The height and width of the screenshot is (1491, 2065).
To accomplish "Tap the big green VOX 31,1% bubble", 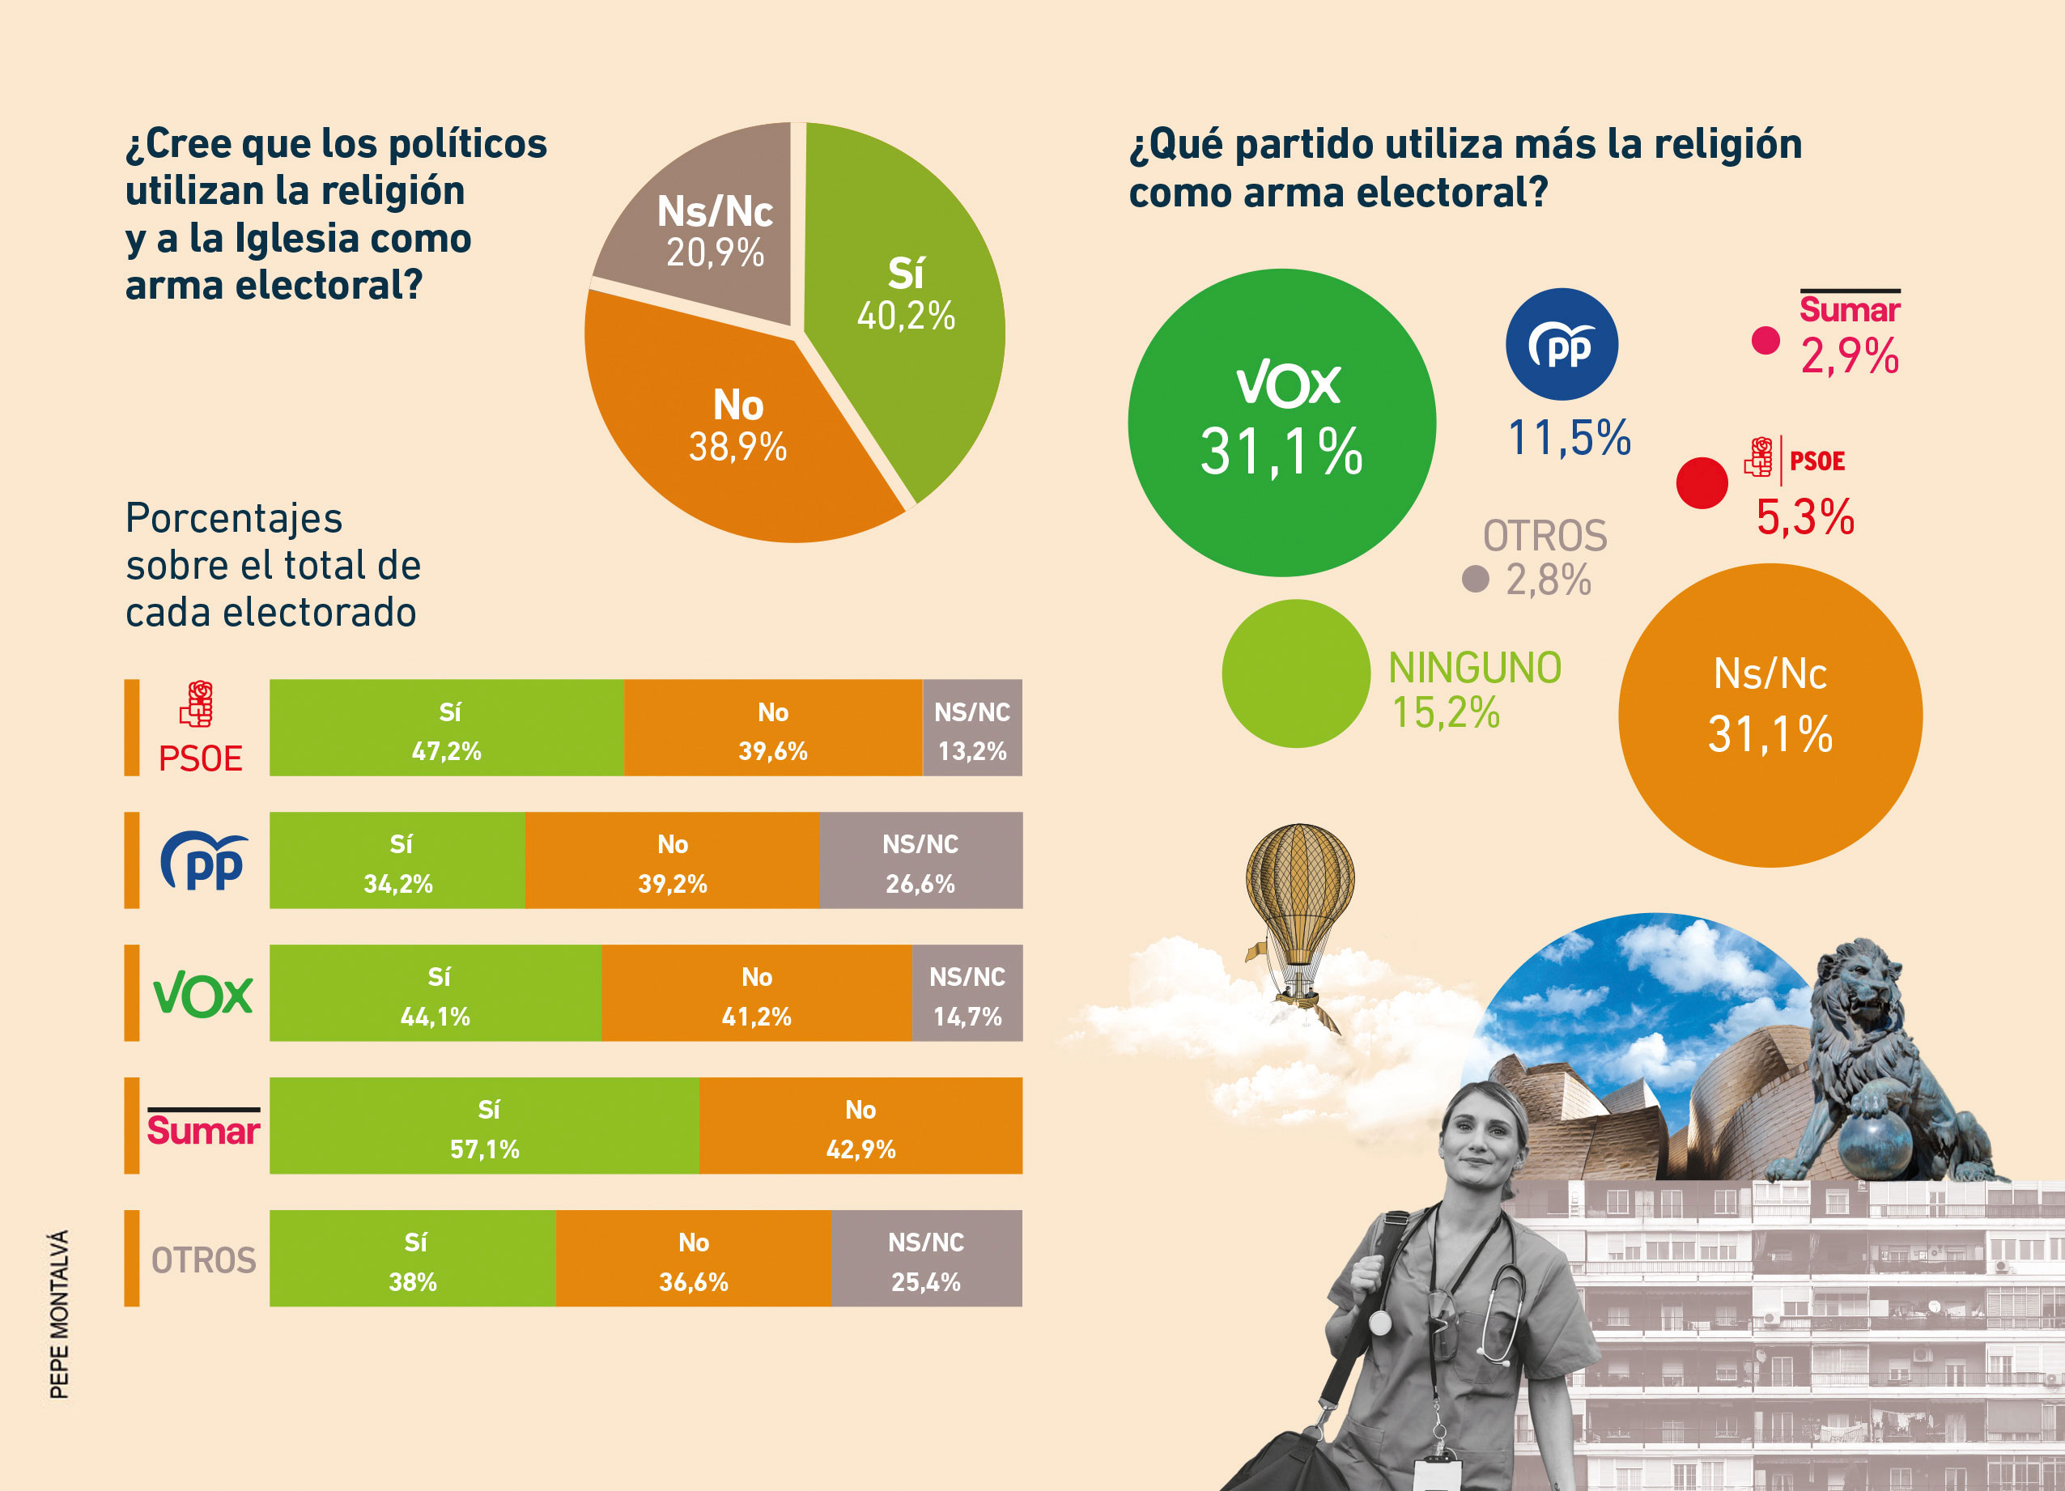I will point(1282,423).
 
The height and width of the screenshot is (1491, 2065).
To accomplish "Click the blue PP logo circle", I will point(1561,344).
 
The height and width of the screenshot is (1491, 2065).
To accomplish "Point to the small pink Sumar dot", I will point(1765,341).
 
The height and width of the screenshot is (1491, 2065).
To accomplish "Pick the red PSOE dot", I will point(1702,482).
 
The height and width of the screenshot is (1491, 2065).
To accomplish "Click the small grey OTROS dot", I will point(1475,578).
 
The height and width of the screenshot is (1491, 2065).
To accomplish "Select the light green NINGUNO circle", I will point(1296,673).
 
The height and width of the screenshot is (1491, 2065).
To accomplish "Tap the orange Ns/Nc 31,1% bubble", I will point(1770,715).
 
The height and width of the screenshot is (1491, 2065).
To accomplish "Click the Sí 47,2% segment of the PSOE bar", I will point(446,729).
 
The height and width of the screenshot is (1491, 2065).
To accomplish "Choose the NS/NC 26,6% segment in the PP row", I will point(920,860).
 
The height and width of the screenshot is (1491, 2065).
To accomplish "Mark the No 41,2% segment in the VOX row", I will point(756,993).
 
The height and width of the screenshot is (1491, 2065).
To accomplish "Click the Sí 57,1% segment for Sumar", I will point(484,1126).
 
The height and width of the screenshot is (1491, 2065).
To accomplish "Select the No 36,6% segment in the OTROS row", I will point(693,1259).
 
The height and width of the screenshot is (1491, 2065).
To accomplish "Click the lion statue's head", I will point(1858,979).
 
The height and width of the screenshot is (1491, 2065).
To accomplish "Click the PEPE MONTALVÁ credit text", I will point(59,1315).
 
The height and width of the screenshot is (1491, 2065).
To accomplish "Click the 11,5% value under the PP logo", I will point(1569,438).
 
